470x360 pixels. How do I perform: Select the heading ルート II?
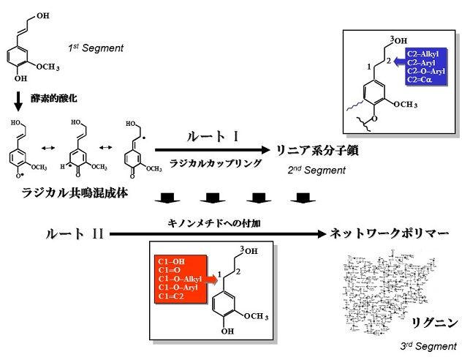75,234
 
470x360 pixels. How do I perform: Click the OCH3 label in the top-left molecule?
47,67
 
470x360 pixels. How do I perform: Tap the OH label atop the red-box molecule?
250,252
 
